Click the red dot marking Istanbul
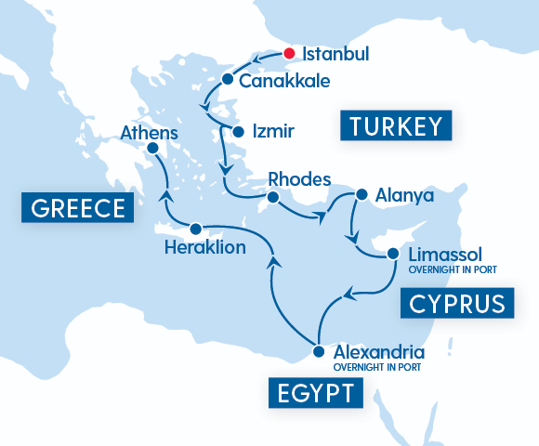click(290, 54)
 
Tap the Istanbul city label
click(335, 55)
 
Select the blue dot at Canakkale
click(228, 78)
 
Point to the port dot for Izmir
click(238, 131)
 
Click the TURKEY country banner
click(395, 126)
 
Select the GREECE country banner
click(77, 208)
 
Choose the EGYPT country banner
click(315, 393)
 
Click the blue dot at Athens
click(152, 148)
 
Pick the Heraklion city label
click(204, 248)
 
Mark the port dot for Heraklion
click(195, 228)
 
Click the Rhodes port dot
click(273, 198)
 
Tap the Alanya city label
click(404, 197)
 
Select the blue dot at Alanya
click(362, 196)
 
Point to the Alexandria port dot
click(318, 352)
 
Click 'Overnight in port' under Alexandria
click(378, 367)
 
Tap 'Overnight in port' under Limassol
click(452, 269)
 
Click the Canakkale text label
click(284, 81)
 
